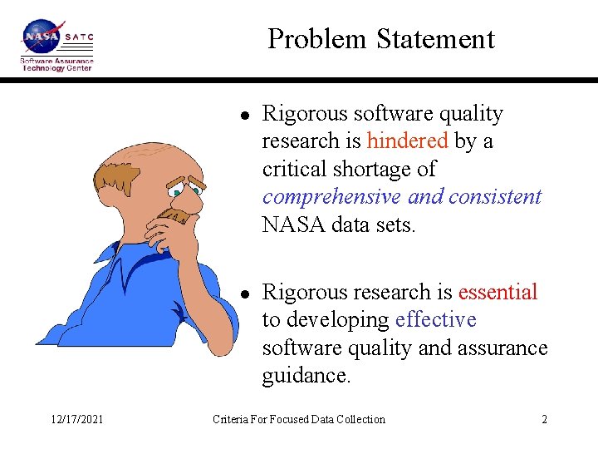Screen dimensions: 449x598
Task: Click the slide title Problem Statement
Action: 380,39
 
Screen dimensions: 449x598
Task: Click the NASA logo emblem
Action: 41,37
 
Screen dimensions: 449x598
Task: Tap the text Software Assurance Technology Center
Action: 56,64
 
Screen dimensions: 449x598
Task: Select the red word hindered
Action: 407,141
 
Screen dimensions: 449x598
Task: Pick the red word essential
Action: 498,292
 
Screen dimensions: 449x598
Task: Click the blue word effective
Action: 436,320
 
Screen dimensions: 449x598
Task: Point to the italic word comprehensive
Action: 331,197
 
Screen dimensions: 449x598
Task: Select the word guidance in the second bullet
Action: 306,376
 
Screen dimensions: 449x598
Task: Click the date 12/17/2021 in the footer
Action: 76,419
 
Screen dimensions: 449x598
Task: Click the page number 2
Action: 544,419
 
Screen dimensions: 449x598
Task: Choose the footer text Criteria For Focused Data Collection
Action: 299,419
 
